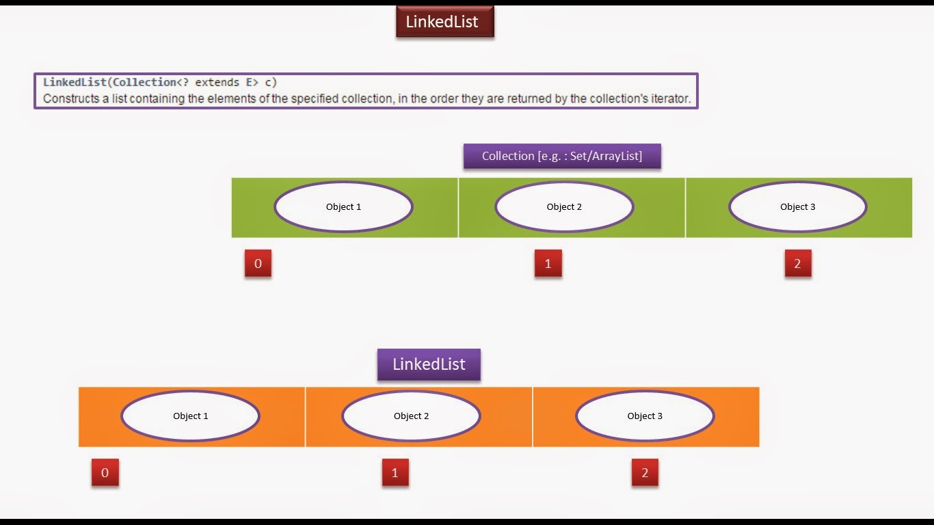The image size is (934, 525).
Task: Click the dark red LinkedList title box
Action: [x=444, y=22]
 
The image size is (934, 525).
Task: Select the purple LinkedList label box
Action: [x=429, y=364]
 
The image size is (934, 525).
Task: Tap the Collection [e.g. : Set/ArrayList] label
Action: [x=562, y=156]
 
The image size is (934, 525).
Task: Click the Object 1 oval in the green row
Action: [x=343, y=206]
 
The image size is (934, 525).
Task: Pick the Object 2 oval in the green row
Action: [x=564, y=206]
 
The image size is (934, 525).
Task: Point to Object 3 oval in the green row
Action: [x=797, y=206]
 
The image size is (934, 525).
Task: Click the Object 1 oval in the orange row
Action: [x=191, y=416]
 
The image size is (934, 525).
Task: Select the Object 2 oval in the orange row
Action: [x=411, y=416]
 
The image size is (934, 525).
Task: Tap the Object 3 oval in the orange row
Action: [x=645, y=416]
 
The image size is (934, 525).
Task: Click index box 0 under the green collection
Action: [x=258, y=264]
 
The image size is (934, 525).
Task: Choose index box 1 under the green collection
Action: [x=548, y=264]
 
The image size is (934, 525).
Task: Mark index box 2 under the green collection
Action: [x=797, y=264]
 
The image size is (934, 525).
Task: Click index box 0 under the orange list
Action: [x=105, y=473]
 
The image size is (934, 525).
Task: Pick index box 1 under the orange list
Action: [x=395, y=473]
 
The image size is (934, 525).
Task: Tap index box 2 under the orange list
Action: [x=645, y=473]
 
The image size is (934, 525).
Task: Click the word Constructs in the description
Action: [x=67, y=98]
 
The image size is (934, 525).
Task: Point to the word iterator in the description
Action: [x=669, y=98]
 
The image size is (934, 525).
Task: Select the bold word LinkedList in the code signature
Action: [x=75, y=82]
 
